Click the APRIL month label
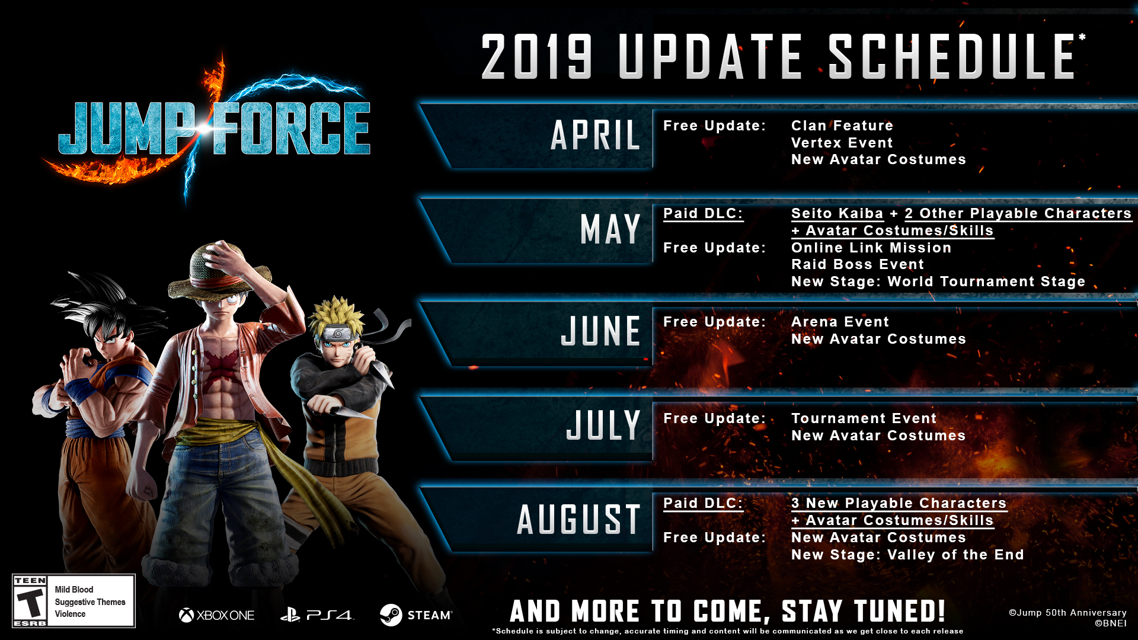pyautogui.click(x=596, y=135)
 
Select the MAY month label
pyautogui.click(x=610, y=229)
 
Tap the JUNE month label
pyautogui.click(x=601, y=331)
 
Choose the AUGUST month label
pyautogui.click(x=578, y=519)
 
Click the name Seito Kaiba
pyautogui.click(x=837, y=213)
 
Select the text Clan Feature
pyautogui.click(x=842, y=126)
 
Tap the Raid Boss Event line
pyautogui.click(x=857, y=264)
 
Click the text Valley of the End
pyautogui.click(x=955, y=555)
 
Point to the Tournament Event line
pyautogui.click(x=864, y=418)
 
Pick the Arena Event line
pyautogui.click(x=840, y=322)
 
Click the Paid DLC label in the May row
pyautogui.click(x=703, y=213)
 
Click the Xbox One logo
pyautogui.click(x=216, y=616)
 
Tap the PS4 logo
pyautogui.click(x=317, y=616)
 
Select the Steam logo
pyautogui.click(x=415, y=615)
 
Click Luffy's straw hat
pyautogui.click(x=219, y=270)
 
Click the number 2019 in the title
pyautogui.click(x=537, y=56)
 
